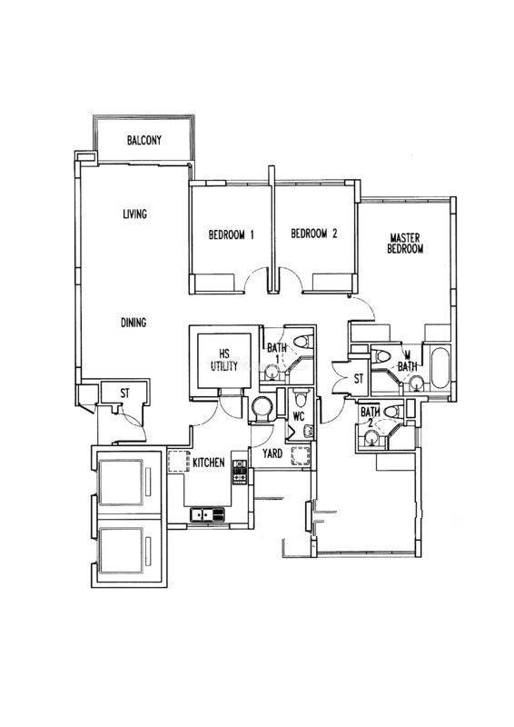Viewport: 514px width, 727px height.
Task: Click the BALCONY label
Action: [144, 140]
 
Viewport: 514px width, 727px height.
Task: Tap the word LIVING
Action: [134, 214]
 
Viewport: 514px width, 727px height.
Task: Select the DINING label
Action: [133, 323]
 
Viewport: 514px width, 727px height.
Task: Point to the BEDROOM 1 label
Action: [231, 234]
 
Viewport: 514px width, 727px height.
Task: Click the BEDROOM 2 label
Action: [314, 234]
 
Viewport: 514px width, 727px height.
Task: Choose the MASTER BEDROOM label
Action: [405, 244]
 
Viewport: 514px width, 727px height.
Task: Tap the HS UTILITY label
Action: [224, 360]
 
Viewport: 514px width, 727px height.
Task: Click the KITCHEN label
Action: [209, 463]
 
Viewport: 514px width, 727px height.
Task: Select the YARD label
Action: [272, 453]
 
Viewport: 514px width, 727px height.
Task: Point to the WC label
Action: [299, 416]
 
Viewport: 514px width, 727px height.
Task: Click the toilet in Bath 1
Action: [303, 343]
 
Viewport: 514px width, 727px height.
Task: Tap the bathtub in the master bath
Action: [440, 368]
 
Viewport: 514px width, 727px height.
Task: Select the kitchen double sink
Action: [207, 514]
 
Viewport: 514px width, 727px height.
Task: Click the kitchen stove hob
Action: [240, 472]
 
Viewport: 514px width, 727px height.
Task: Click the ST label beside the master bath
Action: [359, 379]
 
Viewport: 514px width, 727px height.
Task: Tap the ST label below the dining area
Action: [124, 393]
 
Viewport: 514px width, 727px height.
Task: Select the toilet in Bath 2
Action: [393, 411]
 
